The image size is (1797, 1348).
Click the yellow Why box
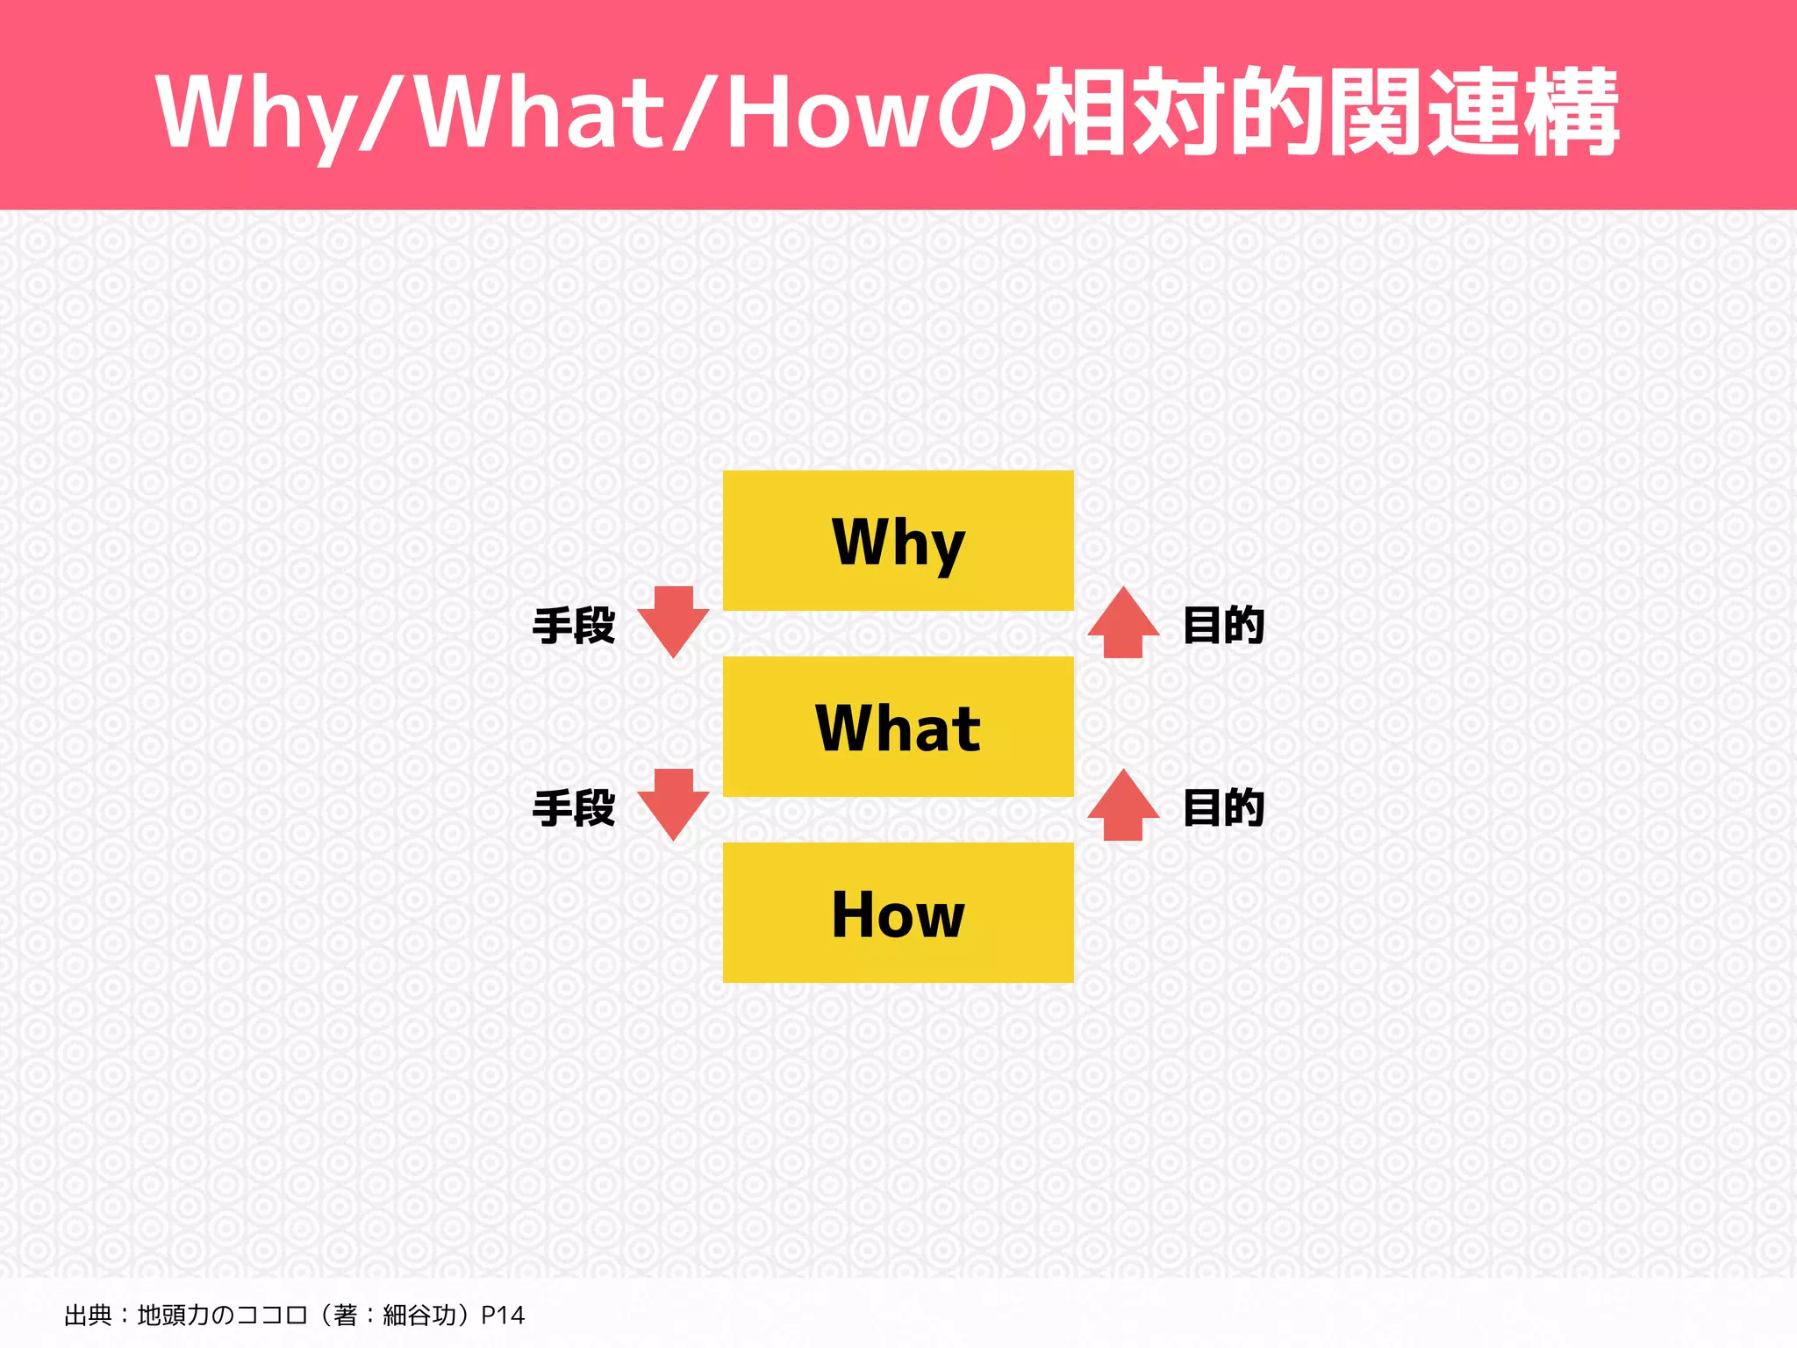[898, 541]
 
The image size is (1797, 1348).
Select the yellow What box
[898, 727]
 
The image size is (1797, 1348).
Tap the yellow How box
[898, 913]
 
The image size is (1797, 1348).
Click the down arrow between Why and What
[673, 621]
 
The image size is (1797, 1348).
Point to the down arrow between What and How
[673, 804]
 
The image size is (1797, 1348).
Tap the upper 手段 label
[574, 626]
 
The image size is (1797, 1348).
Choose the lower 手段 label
[574, 807]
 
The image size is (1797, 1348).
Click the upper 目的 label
[1223, 626]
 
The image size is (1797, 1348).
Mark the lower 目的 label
[1223, 807]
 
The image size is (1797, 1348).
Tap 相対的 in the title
[1176, 112]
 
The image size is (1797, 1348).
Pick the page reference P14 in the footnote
[503, 1315]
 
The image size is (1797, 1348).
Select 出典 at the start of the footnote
[88, 1315]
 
